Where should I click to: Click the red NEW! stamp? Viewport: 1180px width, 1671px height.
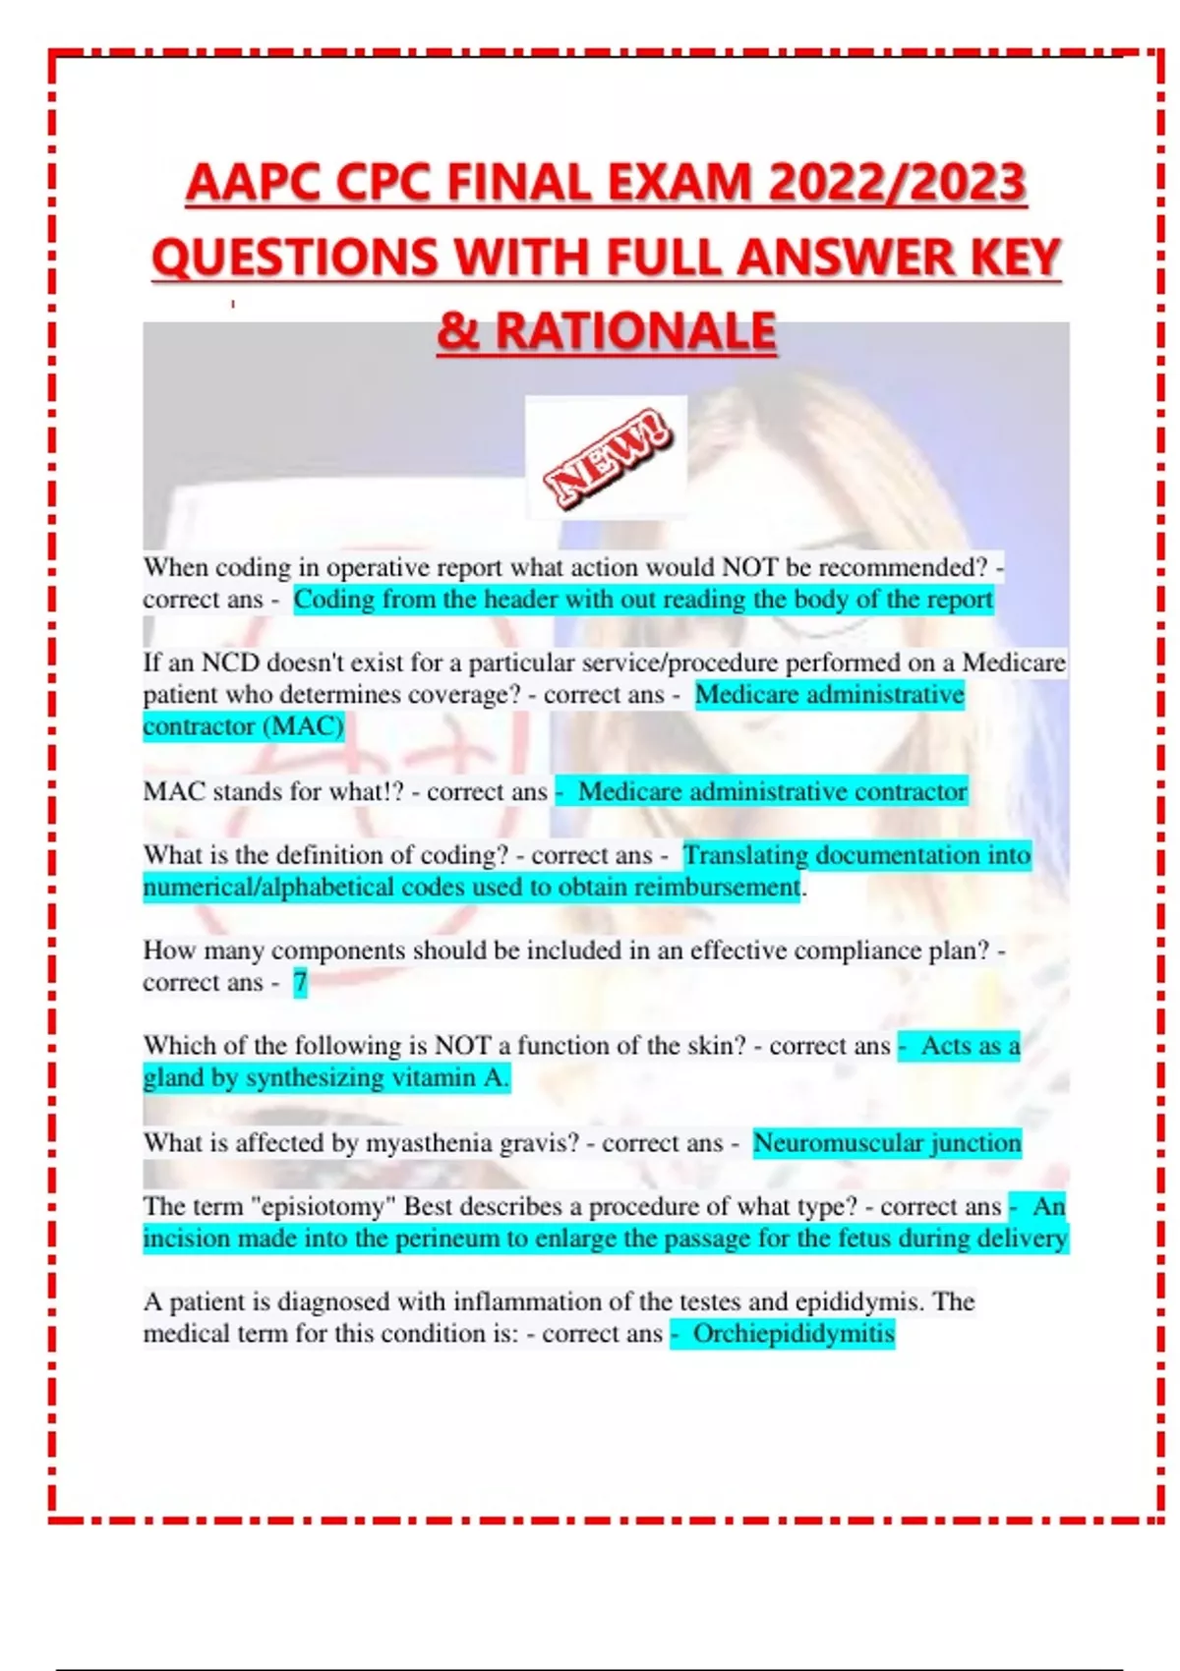(608, 458)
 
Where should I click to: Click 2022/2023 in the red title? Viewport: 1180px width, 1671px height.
(897, 184)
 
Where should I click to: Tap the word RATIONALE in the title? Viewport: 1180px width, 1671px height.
(636, 331)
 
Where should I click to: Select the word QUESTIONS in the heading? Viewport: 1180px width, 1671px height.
(295, 258)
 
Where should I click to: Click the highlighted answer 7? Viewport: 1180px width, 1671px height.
(300, 982)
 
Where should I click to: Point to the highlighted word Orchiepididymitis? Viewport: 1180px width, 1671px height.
(794, 1334)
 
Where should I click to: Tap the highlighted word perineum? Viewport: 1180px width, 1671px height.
(447, 1239)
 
